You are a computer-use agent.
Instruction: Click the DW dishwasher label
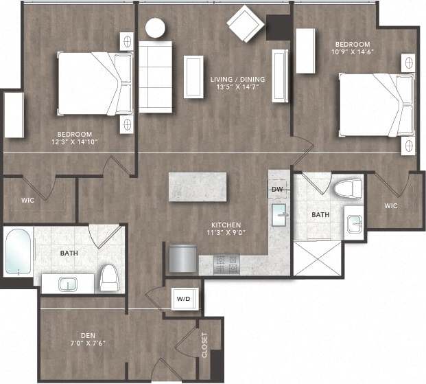click(x=277, y=190)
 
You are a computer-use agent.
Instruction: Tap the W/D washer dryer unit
click(x=184, y=299)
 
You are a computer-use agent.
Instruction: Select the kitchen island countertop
click(x=198, y=186)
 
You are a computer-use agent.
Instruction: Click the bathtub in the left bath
click(x=18, y=251)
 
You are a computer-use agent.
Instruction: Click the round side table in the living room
click(x=155, y=27)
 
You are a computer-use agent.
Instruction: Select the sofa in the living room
click(x=155, y=76)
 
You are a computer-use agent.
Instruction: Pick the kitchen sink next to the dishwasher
click(x=281, y=214)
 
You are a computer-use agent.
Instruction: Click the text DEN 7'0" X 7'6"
click(x=88, y=339)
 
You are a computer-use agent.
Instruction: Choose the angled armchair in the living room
click(x=245, y=24)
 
